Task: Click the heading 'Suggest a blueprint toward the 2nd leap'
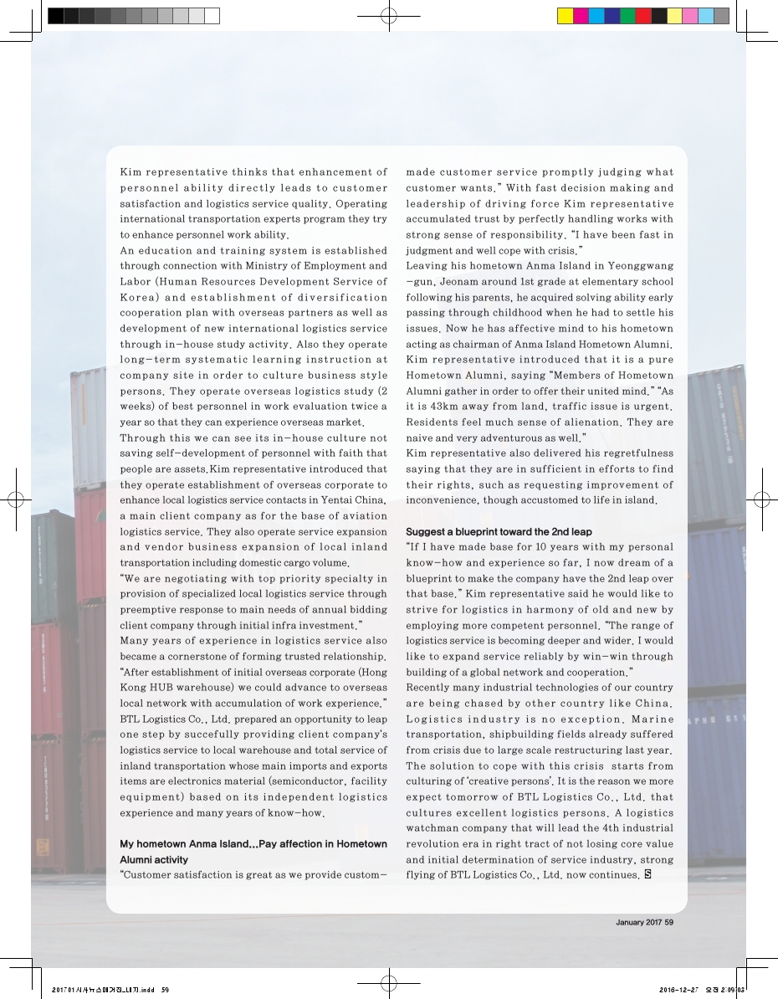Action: pos(498,531)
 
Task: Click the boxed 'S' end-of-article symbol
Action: pos(647,875)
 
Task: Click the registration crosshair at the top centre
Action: pos(388,16)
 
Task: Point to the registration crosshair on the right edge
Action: pos(761,500)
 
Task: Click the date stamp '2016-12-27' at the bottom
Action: pos(678,989)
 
